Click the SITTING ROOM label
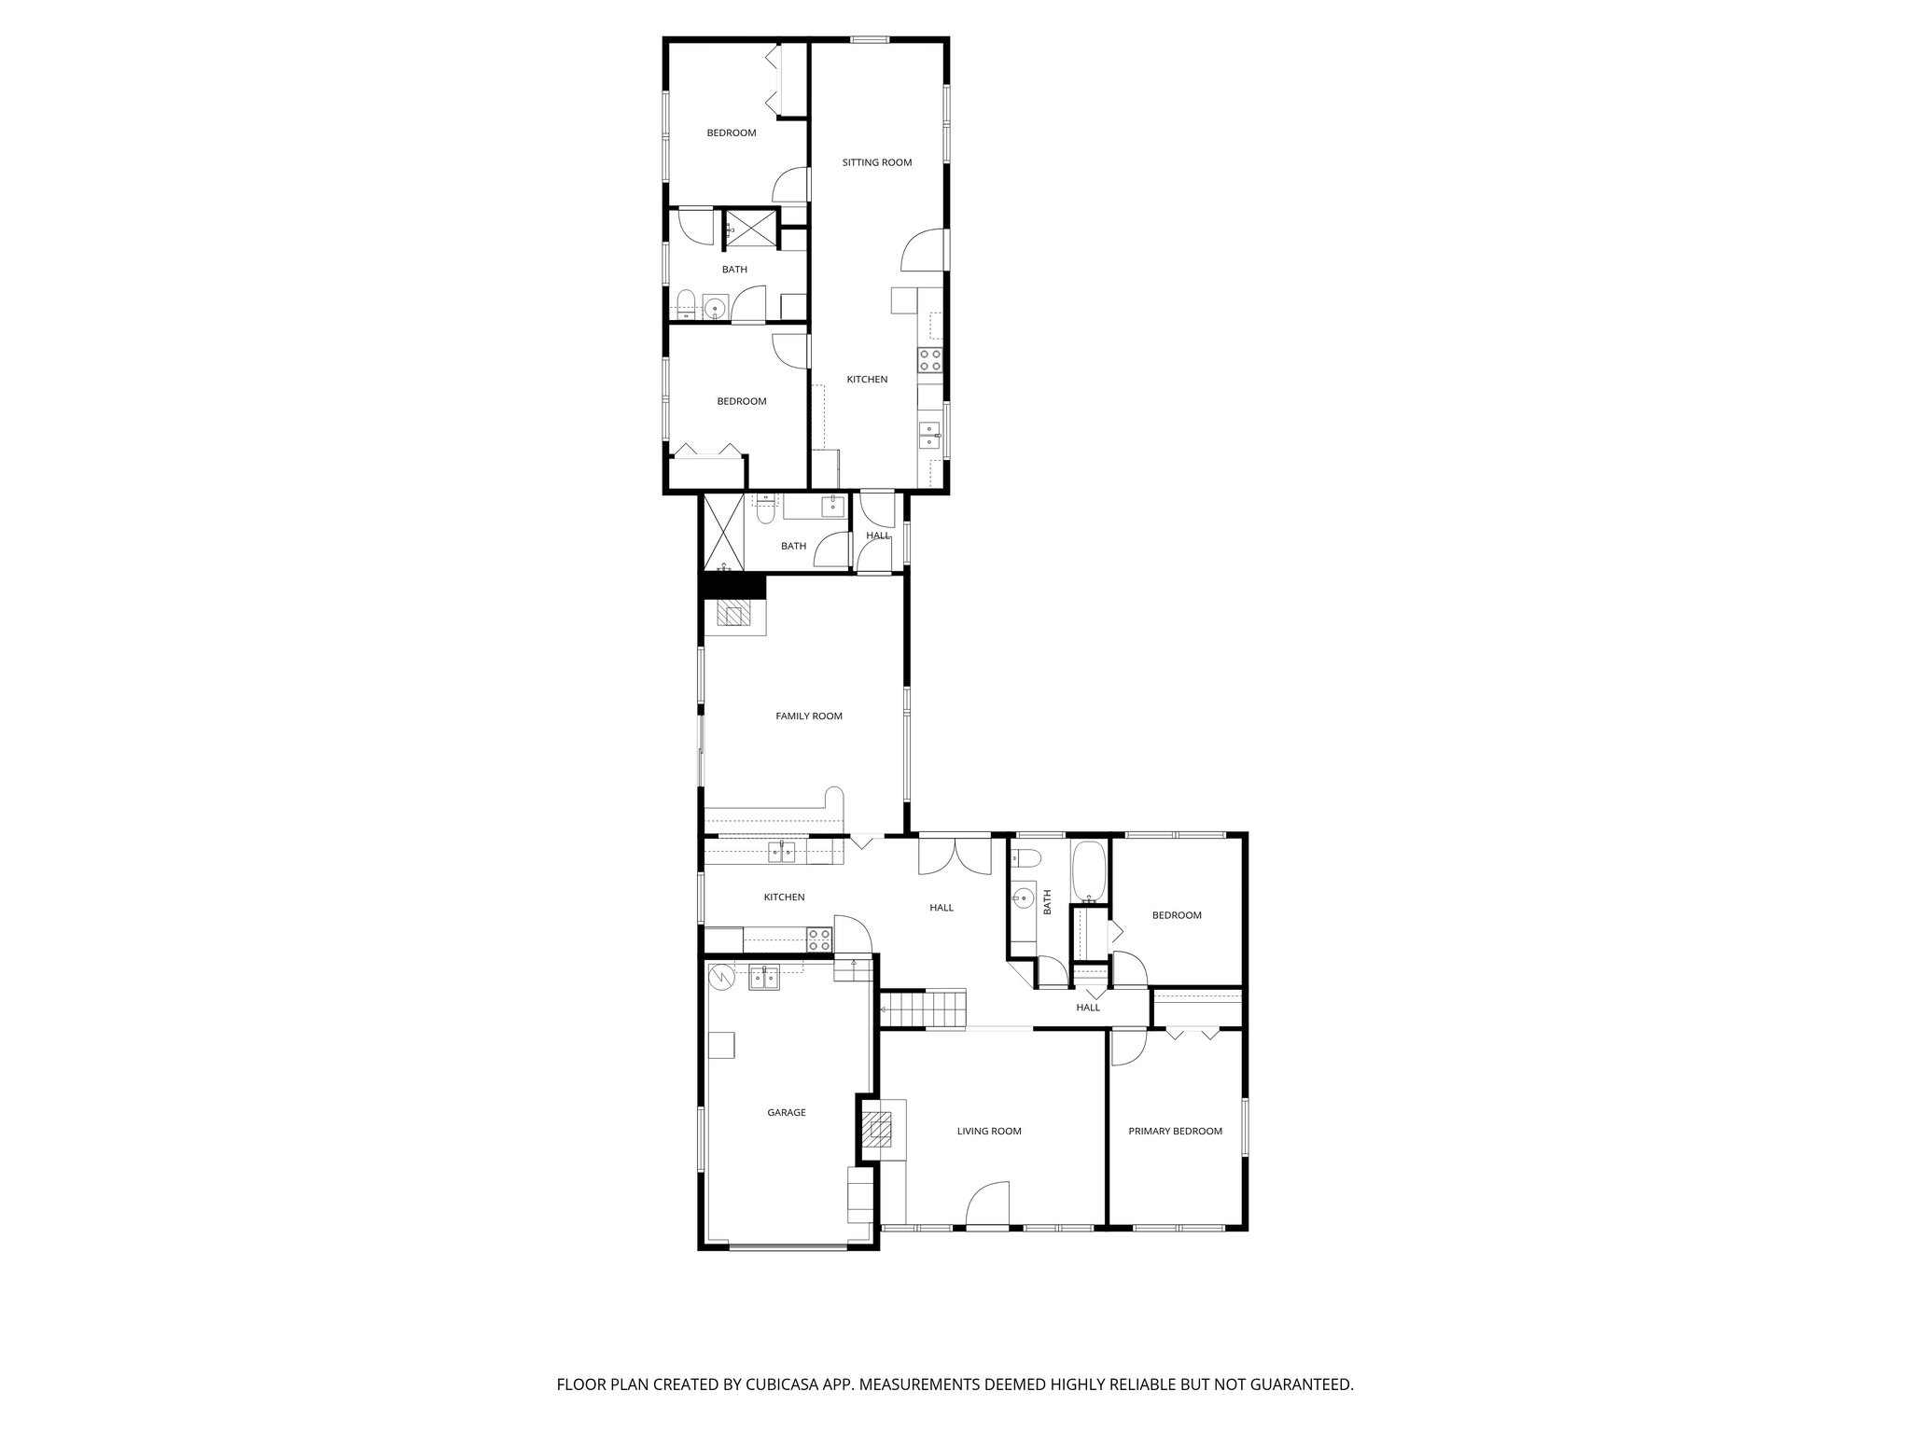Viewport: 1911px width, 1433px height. (876, 162)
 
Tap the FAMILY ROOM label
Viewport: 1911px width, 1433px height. (808, 716)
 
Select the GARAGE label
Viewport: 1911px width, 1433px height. (786, 1112)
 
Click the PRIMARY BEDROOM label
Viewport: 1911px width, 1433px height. (1175, 1131)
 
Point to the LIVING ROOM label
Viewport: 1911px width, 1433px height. (988, 1131)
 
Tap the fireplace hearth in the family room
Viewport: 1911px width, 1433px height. (733, 614)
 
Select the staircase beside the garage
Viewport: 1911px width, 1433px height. (924, 1009)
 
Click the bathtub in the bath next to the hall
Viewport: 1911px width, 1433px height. (1088, 871)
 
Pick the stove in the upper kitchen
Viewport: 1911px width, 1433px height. (930, 360)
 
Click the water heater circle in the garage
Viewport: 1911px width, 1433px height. (720, 977)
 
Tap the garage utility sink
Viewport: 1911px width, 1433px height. (764, 978)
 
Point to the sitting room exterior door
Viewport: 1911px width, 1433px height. (922, 250)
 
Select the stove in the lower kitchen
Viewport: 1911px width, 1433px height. (819, 939)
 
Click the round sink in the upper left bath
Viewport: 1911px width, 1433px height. (716, 307)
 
